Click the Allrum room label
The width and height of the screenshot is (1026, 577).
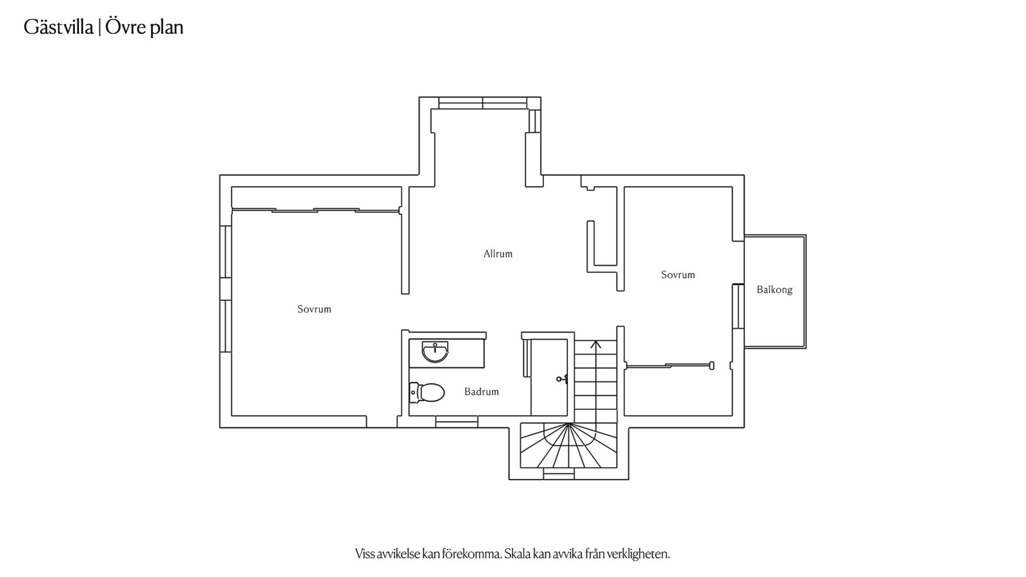[498, 254]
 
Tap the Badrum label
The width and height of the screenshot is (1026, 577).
[481, 392]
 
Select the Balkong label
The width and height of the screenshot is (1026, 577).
[774, 290]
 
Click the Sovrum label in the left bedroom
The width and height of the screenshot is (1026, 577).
[314, 309]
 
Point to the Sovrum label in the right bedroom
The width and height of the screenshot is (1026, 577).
[678, 275]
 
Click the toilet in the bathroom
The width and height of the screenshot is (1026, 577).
[427, 393]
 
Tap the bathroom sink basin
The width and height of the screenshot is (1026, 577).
[435, 352]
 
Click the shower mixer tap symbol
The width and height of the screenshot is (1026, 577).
[562, 379]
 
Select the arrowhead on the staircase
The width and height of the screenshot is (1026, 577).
[596, 345]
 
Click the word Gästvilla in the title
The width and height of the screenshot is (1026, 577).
[59, 27]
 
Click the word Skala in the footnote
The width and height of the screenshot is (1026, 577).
[518, 553]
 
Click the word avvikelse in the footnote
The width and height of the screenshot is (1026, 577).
[398, 553]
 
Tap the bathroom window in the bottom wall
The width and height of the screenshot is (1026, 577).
[456, 422]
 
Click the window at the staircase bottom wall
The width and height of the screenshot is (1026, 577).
[559, 473]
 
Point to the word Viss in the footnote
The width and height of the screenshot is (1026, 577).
[364, 553]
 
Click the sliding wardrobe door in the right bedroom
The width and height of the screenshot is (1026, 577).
[669, 366]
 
